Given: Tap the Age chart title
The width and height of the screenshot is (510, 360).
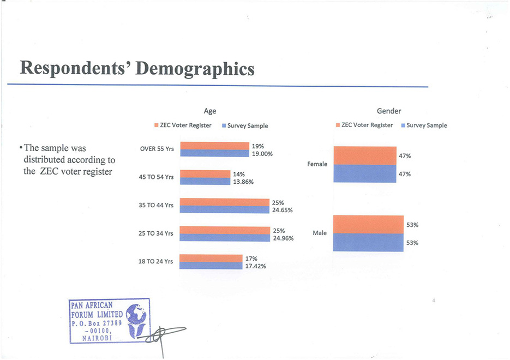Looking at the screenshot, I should (210, 111).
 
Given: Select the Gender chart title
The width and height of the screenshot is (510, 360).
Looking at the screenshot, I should (389, 111).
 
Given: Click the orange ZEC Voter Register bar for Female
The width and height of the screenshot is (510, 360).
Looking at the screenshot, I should (364, 155).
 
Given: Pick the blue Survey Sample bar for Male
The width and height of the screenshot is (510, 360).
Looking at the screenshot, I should (368, 242).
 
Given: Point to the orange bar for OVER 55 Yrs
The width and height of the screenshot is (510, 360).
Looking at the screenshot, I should (214, 146).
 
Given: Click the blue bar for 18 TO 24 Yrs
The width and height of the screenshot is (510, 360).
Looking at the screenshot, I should (211, 266).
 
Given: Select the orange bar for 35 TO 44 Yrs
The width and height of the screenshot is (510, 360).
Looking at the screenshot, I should (225, 202).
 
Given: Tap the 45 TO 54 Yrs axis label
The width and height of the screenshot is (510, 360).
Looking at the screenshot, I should (157, 177).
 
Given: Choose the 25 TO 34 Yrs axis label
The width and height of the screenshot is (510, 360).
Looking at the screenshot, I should (157, 233).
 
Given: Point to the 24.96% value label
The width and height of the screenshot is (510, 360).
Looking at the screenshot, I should (283, 238).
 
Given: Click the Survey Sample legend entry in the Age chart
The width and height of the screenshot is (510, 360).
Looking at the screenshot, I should (247, 126).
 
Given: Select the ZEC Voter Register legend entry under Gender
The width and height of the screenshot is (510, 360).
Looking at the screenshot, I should (367, 125).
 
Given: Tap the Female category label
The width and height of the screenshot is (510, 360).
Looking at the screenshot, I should (317, 164).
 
